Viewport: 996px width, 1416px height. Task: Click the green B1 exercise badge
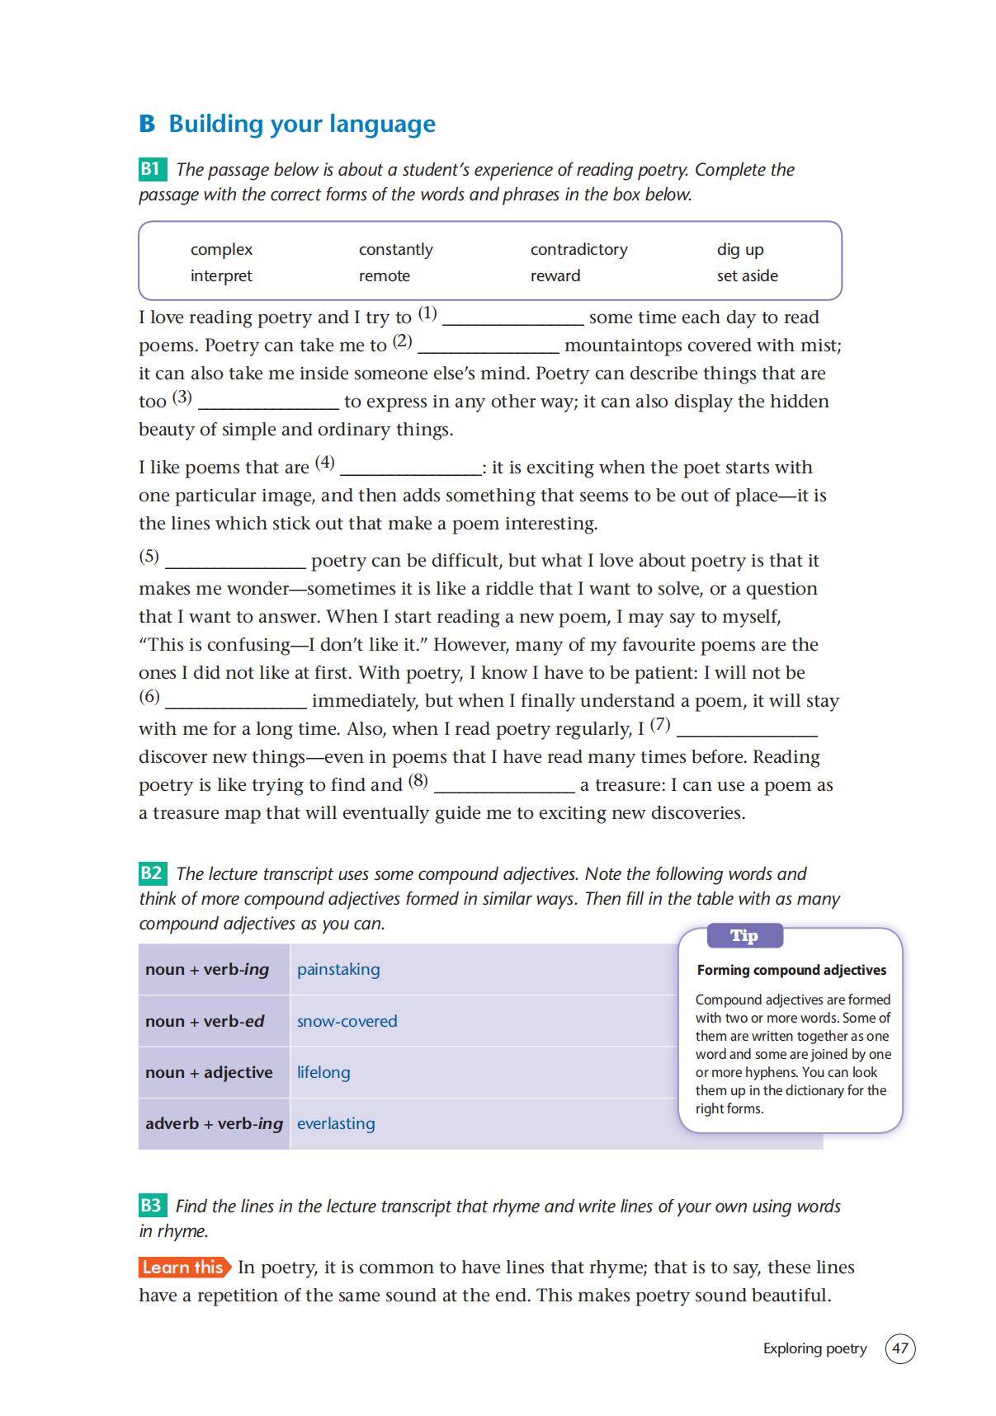[x=152, y=169]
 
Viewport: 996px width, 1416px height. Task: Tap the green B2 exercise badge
[x=152, y=873]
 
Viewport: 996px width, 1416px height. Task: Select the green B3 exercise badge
[x=152, y=1206]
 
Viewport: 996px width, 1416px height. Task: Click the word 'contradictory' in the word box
[x=578, y=249]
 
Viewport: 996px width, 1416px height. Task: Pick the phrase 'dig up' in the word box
[x=740, y=249]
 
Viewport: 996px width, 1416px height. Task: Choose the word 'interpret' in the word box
[x=221, y=275]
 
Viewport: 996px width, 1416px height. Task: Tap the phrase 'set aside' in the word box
[x=747, y=275]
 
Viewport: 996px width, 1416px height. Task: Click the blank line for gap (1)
[x=513, y=320]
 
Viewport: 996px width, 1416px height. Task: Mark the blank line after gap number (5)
[x=236, y=563]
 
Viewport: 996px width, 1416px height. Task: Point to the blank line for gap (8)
[x=504, y=788]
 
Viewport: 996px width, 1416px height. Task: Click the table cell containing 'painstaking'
[x=338, y=969]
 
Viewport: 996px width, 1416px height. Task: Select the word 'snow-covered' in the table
[x=347, y=1021]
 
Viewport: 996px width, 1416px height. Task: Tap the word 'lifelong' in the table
[x=323, y=1072]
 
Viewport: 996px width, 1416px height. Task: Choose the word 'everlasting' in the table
[x=336, y=1123]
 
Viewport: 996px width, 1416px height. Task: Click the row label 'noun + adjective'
[x=209, y=1072]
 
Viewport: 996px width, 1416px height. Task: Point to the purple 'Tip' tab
[x=744, y=936]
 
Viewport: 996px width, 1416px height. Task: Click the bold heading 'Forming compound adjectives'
[x=791, y=971]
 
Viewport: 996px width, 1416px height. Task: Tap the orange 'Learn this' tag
[x=183, y=1268]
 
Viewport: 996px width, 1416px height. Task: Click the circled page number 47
[x=899, y=1348]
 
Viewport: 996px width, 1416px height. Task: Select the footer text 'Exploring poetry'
[x=814, y=1348]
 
